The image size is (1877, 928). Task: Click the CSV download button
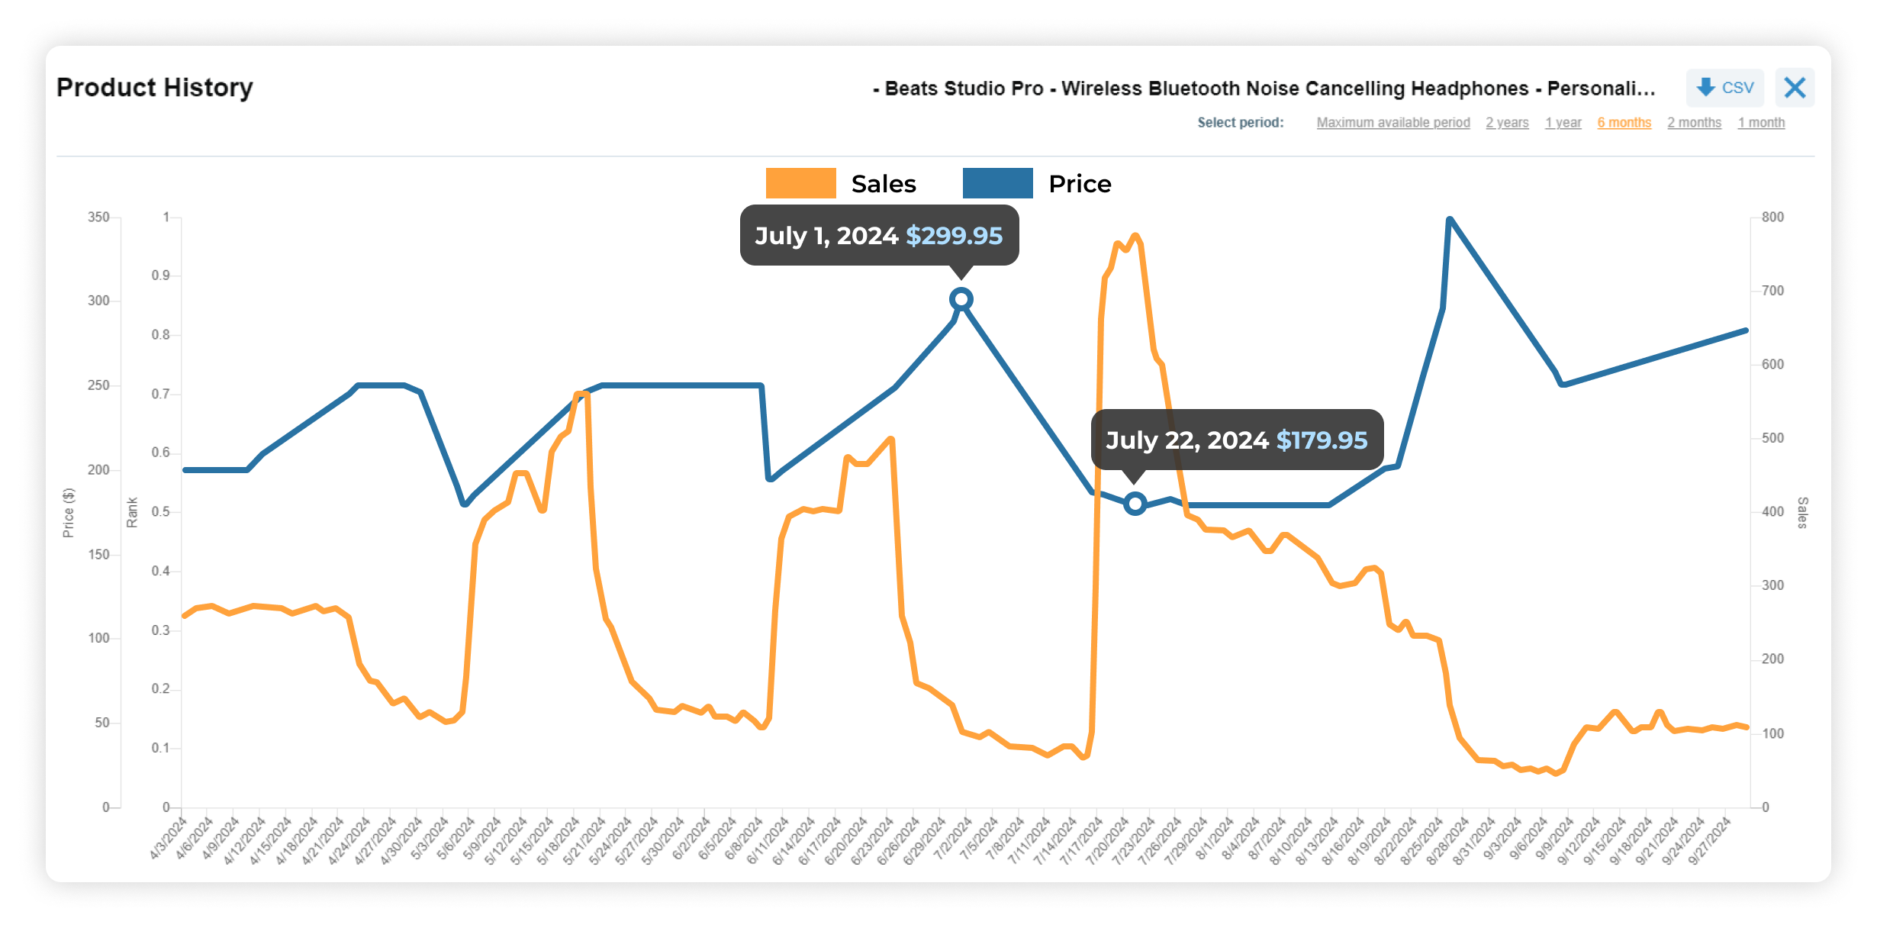(x=1724, y=88)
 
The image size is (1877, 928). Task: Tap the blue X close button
(x=1795, y=88)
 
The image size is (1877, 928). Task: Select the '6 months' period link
(x=1624, y=123)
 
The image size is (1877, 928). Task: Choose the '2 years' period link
(x=1507, y=123)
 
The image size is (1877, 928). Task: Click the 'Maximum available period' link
(x=1392, y=123)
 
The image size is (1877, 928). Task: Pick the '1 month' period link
(x=1761, y=123)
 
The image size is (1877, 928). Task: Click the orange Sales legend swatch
(x=800, y=184)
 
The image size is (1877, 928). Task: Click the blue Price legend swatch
(x=997, y=184)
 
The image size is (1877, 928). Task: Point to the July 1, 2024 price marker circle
(x=961, y=299)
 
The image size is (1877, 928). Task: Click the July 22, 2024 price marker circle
(x=1135, y=504)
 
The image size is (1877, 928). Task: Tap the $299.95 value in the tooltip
(x=954, y=236)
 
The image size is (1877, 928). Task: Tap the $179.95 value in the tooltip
(x=1322, y=440)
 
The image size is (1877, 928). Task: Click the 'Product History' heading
(x=155, y=88)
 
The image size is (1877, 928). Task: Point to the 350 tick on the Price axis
(x=98, y=217)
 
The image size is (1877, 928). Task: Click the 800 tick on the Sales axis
(x=1772, y=217)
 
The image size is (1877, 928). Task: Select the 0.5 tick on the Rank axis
(x=160, y=512)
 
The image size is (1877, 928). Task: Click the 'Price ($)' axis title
(x=69, y=513)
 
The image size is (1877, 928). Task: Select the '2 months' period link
(x=1694, y=123)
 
